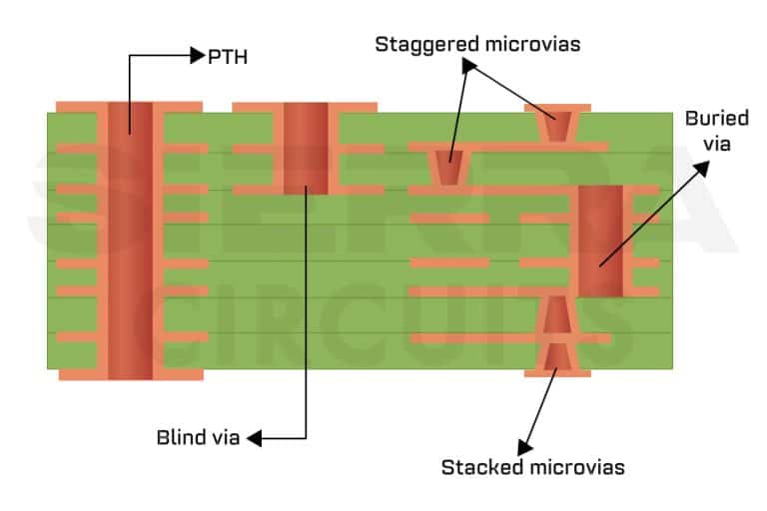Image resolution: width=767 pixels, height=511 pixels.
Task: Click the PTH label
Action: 227,57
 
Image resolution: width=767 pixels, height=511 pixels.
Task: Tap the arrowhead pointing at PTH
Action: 197,56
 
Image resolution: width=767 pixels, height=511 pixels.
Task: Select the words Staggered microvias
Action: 477,44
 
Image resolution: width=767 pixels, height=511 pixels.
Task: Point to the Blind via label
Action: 199,436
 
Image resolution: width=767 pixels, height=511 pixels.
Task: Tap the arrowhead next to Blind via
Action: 253,437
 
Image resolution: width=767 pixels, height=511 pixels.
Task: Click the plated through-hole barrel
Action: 130,240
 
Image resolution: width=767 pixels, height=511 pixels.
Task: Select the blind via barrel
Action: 305,148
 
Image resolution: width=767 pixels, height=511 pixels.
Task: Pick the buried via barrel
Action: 600,240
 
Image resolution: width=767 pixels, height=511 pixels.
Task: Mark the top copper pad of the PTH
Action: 130,107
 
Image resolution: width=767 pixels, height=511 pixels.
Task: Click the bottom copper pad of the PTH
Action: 130,374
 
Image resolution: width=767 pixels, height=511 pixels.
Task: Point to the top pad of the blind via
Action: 305,107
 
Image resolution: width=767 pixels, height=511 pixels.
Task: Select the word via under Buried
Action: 716,144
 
